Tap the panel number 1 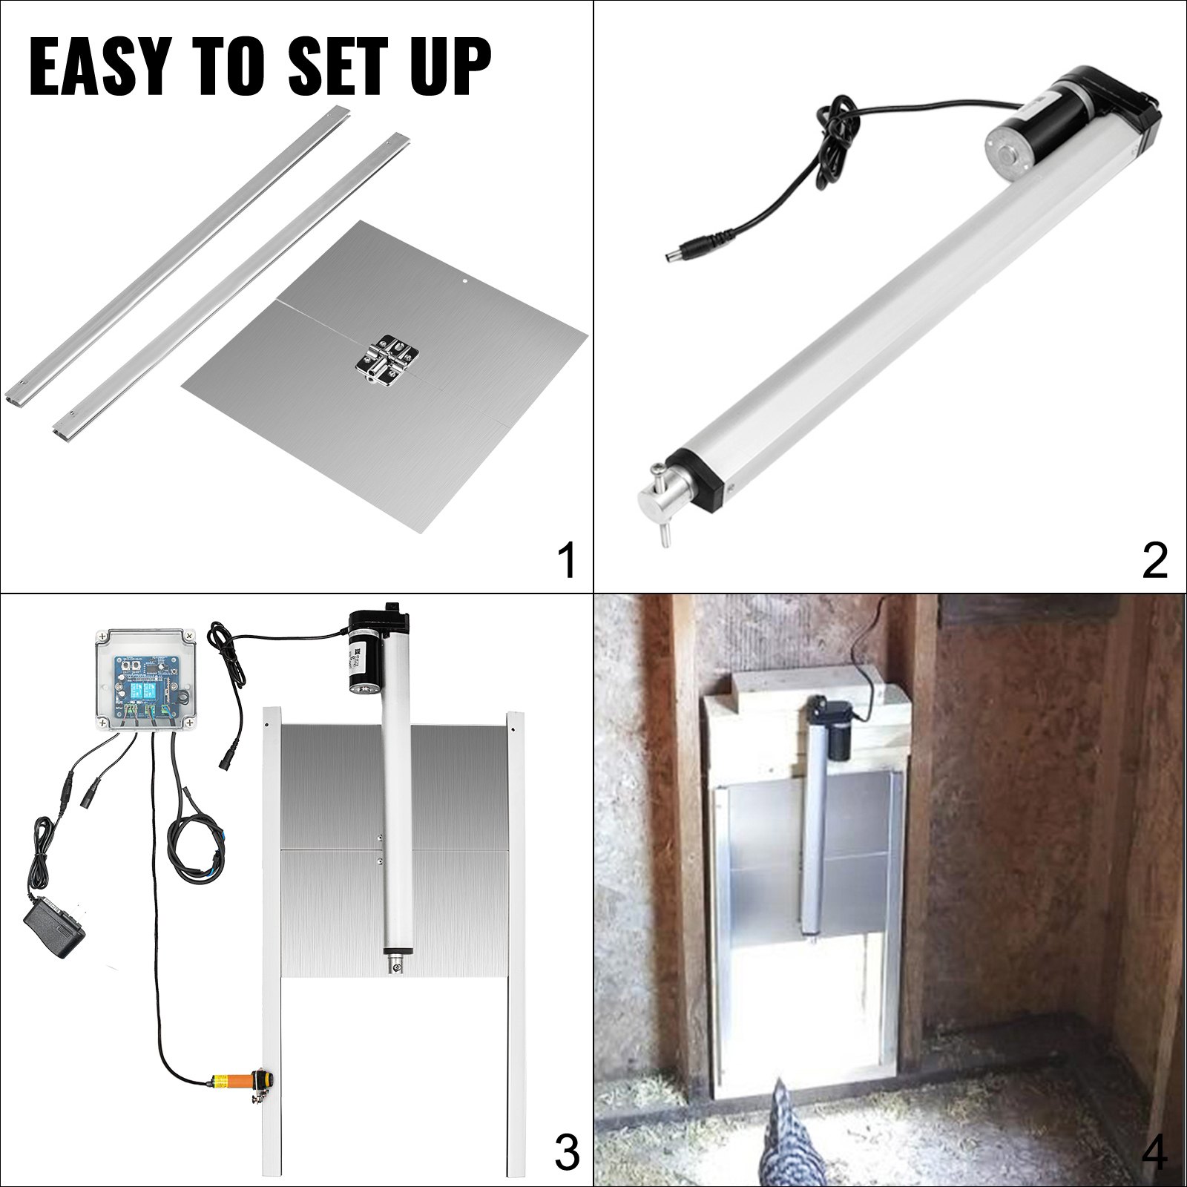pyautogui.click(x=567, y=562)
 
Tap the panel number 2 pyautogui.click(x=1155, y=562)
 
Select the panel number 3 pyautogui.click(x=567, y=1155)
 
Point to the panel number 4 pyautogui.click(x=1155, y=1155)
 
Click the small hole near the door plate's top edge pyautogui.click(x=462, y=282)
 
